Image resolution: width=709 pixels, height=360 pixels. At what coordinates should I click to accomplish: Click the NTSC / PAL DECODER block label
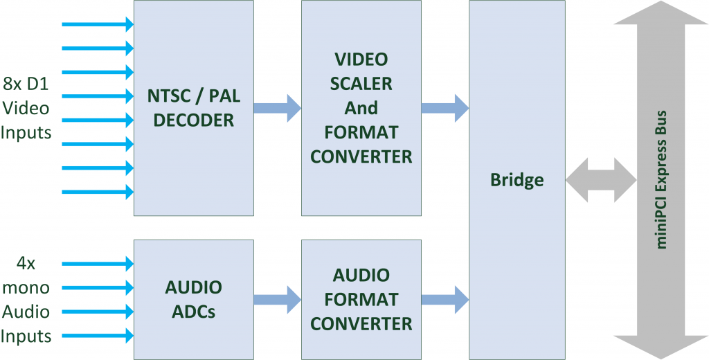193,108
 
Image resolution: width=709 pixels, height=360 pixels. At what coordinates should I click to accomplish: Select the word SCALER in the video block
361,84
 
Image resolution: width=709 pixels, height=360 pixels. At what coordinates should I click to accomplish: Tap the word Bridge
517,180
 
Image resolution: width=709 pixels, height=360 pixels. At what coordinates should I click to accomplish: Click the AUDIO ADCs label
193,299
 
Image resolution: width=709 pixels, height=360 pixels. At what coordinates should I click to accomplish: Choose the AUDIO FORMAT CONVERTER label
361,299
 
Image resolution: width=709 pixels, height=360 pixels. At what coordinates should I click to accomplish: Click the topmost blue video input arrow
98,25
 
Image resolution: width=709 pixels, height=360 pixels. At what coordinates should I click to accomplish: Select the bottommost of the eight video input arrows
98,191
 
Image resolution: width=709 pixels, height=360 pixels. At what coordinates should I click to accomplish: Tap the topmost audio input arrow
98,264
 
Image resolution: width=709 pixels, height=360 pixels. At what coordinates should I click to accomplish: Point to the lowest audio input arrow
98,336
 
